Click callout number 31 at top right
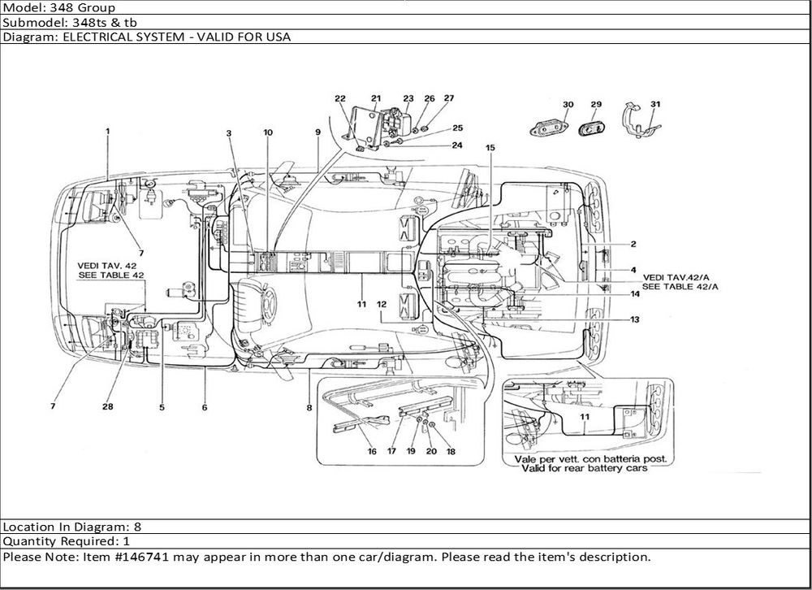[x=655, y=104]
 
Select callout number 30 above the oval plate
[x=568, y=104]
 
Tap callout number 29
[x=596, y=104]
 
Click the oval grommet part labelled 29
[x=591, y=128]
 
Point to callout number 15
[x=490, y=148]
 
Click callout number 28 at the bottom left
[x=107, y=406]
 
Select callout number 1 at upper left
[x=108, y=131]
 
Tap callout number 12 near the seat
[x=382, y=304]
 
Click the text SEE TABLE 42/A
[x=680, y=286]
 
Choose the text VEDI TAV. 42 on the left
[x=107, y=266]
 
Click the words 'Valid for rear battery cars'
[x=584, y=468]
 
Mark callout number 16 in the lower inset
[x=372, y=451]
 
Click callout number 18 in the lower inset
[x=451, y=451]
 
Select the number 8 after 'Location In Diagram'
[x=137, y=527]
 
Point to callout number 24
[x=456, y=145]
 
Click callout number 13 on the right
[x=634, y=319]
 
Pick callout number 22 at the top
[x=339, y=98]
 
